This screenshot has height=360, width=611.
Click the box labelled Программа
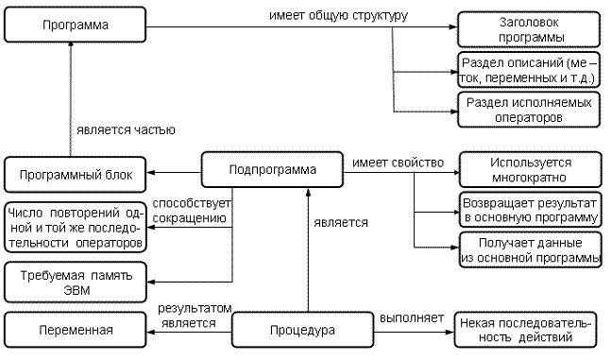(76, 25)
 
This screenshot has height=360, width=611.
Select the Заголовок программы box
(529, 29)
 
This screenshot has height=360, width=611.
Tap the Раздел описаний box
(529, 70)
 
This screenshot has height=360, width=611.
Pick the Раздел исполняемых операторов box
(529, 110)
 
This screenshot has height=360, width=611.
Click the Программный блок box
(76, 175)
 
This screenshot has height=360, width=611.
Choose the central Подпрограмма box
(272, 170)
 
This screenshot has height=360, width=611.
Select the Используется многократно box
(531, 170)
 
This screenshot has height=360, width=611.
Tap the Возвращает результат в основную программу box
(531, 210)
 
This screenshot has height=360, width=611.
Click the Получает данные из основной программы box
(531, 250)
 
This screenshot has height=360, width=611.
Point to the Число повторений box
(76, 228)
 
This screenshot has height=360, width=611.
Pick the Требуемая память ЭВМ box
(76, 283)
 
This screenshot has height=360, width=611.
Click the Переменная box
(76, 330)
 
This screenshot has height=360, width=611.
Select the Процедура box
(302, 330)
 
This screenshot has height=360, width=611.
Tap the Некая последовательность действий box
(525, 330)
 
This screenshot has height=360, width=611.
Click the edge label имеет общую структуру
(338, 16)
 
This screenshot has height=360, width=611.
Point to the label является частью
(126, 129)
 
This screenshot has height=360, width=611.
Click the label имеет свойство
(398, 163)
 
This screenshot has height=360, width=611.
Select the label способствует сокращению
(192, 211)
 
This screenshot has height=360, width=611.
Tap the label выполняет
(412, 318)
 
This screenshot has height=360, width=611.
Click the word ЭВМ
(76, 290)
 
